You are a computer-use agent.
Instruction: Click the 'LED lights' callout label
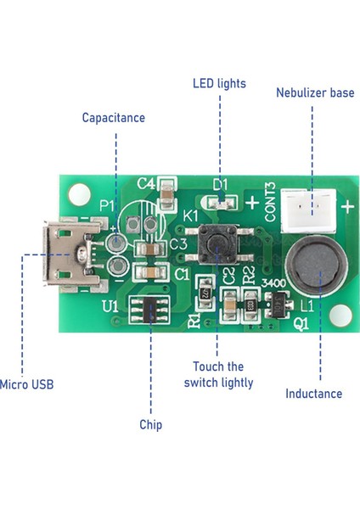[x=219, y=83]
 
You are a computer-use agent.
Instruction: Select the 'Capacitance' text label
[x=113, y=118]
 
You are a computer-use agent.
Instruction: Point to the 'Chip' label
[x=150, y=424]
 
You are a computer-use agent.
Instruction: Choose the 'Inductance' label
[x=313, y=394]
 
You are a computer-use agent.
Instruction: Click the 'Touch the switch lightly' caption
[x=218, y=374]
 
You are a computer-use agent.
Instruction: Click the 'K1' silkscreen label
[x=191, y=216]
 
